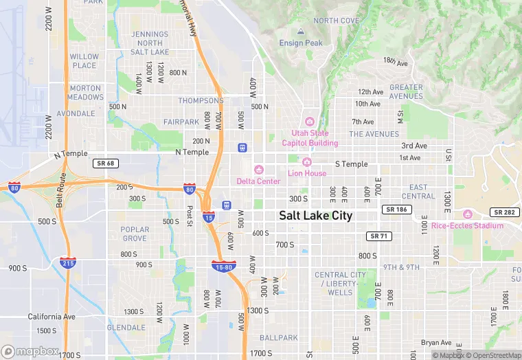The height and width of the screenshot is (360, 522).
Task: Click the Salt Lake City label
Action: (315, 216)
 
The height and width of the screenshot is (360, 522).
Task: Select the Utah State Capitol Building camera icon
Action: (310, 122)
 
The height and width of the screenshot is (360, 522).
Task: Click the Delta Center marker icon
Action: (259, 170)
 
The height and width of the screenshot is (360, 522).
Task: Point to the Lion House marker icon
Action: (307, 162)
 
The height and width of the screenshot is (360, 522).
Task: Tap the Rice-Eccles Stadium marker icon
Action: (468, 214)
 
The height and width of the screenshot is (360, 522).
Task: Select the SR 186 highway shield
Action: (394, 209)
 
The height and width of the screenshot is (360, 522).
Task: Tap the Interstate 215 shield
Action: (68, 262)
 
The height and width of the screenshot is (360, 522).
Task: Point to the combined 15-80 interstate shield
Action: (224, 267)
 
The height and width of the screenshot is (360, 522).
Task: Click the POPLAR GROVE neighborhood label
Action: (135, 234)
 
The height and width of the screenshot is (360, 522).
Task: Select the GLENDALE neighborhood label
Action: (125, 327)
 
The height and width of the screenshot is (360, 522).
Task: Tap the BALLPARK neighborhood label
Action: (279, 338)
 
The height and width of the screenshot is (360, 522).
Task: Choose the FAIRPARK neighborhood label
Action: (181, 122)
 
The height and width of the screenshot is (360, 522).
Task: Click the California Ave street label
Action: (52, 317)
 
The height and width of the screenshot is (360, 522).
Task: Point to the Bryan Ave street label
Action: (436, 342)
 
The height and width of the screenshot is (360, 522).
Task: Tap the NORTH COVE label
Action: (337, 21)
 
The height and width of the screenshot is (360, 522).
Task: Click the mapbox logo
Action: (30, 351)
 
